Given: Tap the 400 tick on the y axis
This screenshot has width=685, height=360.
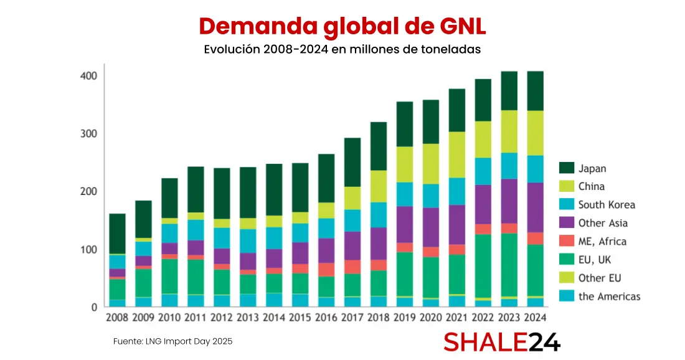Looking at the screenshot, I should click(88, 75).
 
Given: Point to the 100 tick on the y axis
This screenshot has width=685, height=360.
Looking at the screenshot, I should click(88, 249).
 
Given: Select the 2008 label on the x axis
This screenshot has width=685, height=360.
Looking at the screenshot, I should click(117, 317).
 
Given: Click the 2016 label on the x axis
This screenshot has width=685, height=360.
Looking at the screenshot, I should click(326, 317).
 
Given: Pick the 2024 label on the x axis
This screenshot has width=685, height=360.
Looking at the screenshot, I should click(536, 317).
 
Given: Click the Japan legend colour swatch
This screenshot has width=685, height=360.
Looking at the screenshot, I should click(567, 168).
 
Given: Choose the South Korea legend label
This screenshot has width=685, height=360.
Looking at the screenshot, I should click(607, 204).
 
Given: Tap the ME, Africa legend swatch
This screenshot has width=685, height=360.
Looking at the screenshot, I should click(567, 241).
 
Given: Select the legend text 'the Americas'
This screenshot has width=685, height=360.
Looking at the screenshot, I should click(609, 296).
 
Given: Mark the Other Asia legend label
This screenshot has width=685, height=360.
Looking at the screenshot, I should click(603, 223).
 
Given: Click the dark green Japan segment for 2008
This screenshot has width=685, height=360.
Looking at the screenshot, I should click(117, 234).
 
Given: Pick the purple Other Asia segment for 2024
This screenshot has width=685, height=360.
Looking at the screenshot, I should click(536, 207).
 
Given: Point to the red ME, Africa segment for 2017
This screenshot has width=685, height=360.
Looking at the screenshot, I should click(352, 267).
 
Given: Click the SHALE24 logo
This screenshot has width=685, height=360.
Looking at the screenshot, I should click(501, 342).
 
